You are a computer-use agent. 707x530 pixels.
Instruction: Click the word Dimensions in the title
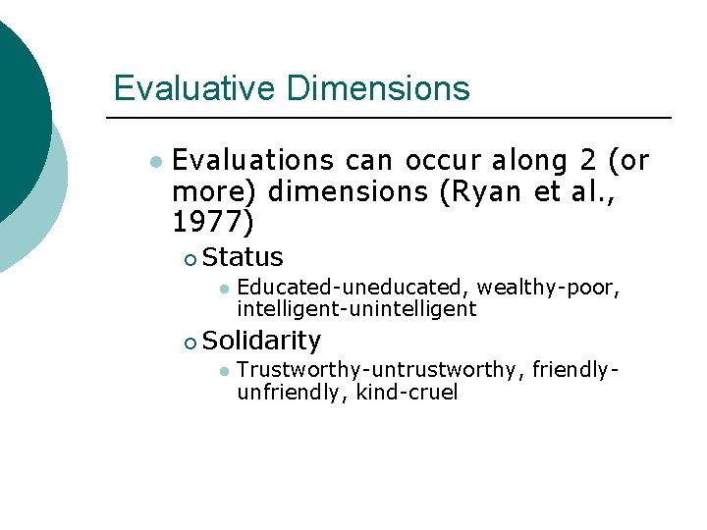(x=378, y=88)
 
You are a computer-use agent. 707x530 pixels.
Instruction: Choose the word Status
(x=244, y=258)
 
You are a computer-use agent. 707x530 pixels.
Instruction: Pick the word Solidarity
(x=262, y=341)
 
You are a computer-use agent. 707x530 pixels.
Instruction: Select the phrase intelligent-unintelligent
(x=356, y=309)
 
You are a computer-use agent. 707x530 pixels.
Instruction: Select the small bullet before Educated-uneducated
(x=224, y=288)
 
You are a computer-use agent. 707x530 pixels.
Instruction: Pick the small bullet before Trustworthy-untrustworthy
(x=224, y=370)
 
